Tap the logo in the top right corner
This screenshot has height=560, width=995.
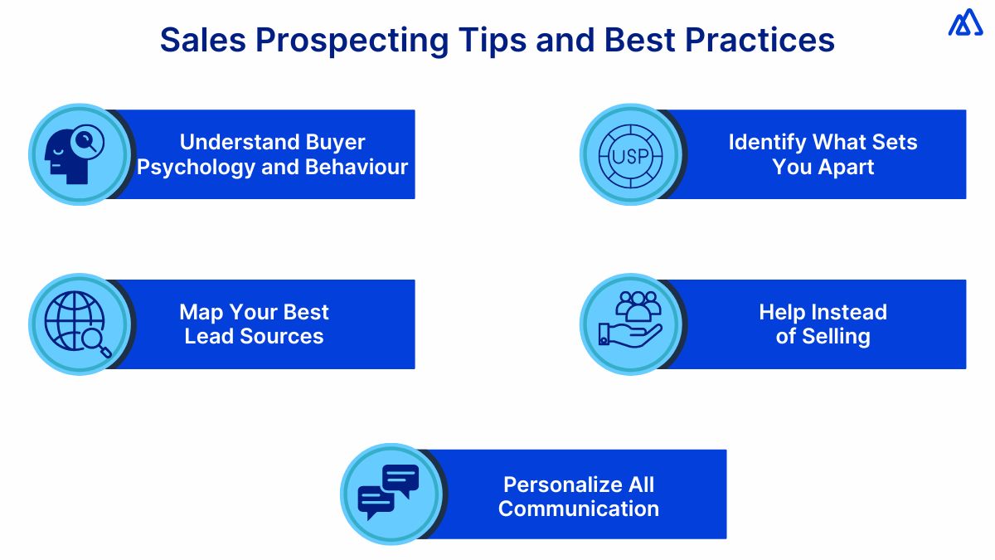(x=965, y=24)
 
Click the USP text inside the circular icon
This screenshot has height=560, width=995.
(x=629, y=155)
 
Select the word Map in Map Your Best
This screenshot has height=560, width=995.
(x=200, y=313)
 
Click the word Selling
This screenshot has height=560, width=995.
(x=835, y=337)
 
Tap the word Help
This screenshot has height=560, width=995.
(x=781, y=313)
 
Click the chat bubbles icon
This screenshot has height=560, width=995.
(x=389, y=493)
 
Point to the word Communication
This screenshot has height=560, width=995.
(x=579, y=509)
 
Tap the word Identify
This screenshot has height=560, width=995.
(x=766, y=143)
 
